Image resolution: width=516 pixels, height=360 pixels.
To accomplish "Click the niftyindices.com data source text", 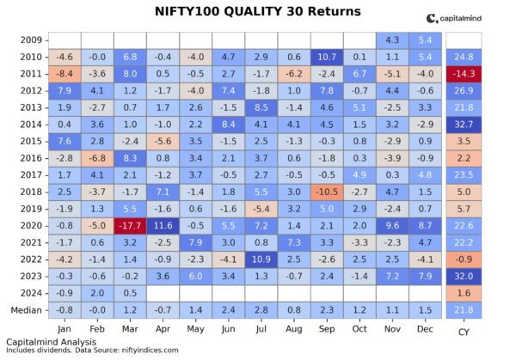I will tap(153, 350).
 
